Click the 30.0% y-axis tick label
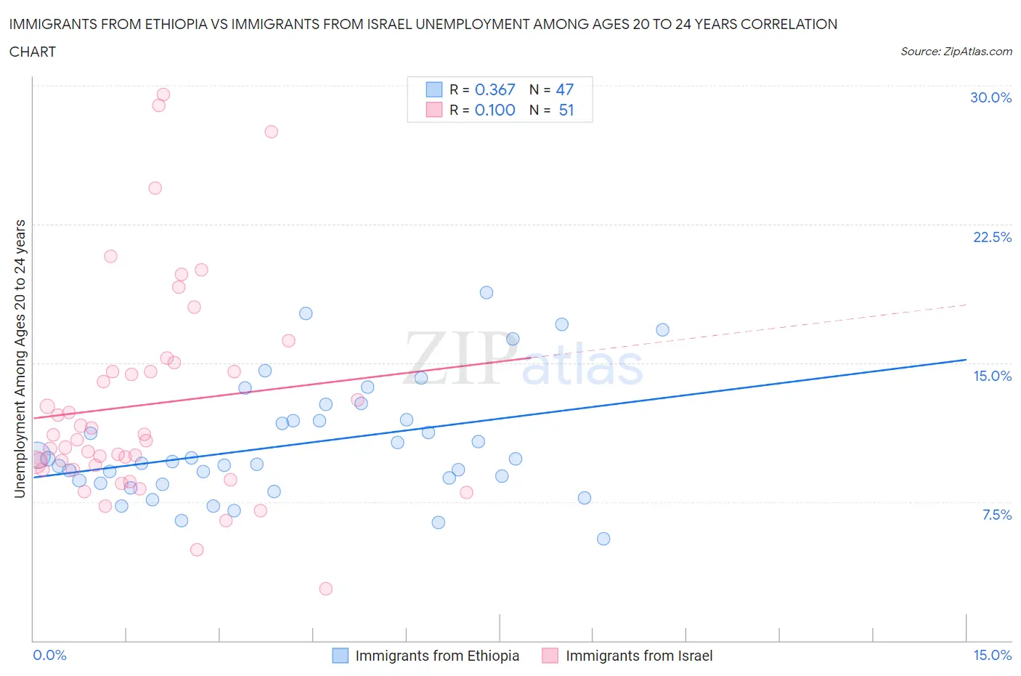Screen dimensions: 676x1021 coord(991,97)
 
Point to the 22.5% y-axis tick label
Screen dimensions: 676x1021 coord(991,237)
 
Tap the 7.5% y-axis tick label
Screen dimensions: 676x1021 coord(996,515)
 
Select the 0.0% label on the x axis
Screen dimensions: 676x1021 coord(49,655)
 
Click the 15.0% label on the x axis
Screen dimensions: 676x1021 coord(991,655)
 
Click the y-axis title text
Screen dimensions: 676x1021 coord(20,358)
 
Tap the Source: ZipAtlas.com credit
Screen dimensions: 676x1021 coord(956,51)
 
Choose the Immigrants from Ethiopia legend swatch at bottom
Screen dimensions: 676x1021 coord(340,656)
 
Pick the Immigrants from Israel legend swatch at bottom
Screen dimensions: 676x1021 coord(550,656)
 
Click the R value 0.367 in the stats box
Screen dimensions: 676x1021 coord(495,89)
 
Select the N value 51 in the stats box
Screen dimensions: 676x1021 coord(566,110)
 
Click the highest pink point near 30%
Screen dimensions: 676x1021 coord(163,94)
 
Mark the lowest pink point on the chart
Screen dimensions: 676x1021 coord(326,589)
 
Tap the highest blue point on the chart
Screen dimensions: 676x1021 coord(487,293)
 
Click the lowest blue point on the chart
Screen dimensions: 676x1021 coord(603,539)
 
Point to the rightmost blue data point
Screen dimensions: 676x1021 coord(662,330)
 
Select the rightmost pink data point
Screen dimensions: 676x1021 coord(467,493)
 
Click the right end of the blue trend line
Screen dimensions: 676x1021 coord(966,360)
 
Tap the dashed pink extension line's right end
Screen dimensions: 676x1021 coord(966,305)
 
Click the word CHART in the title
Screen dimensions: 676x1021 coord(33,52)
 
